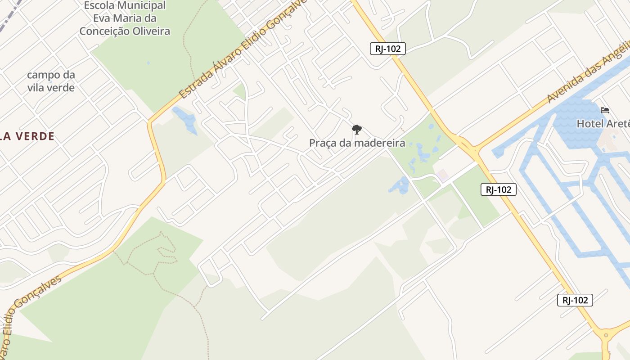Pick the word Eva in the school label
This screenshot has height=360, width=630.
[x=101, y=19]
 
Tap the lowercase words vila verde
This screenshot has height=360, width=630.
[x=51, y=88]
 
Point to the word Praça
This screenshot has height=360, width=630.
[x=324, y=144]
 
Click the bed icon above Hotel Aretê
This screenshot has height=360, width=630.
[x=605, y=110]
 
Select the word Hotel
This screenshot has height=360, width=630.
[x=590, y=124]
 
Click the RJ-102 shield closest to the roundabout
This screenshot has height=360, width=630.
[x=575, y=300]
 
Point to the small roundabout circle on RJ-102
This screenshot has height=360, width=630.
[x=606, y=335]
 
